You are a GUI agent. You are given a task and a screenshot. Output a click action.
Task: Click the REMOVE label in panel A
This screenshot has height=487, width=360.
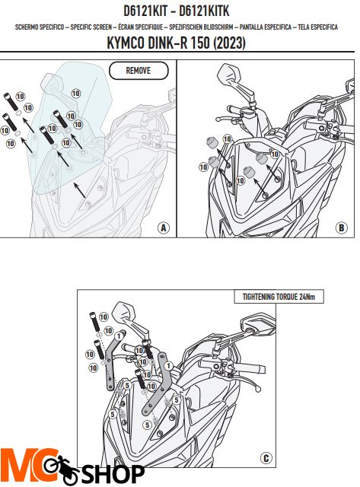tap(139, 71)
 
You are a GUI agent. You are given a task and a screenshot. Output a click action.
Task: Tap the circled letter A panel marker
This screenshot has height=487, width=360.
tap(164, 228)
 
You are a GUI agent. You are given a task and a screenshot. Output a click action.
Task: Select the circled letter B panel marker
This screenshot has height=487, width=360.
tap(341, 228)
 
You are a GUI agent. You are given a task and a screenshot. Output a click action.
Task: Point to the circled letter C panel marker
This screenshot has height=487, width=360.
tap(266, 458)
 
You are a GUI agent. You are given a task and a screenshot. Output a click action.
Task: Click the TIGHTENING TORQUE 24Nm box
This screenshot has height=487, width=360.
tap(279, 297)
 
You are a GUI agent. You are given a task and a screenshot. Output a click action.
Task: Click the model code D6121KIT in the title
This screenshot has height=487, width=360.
tap(145, 11)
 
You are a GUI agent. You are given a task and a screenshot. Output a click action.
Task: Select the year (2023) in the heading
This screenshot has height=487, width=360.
tap(230, 43)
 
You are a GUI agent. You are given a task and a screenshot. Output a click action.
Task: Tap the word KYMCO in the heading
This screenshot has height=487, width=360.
tap(126, 43)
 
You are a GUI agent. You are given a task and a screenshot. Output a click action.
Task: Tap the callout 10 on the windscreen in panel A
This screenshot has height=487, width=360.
tap(76, 93)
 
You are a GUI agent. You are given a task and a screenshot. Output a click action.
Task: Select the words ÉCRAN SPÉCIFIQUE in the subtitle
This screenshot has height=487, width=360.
tap(140, 27)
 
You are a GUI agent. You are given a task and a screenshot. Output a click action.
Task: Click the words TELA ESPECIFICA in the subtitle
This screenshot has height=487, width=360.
tap(317, 27)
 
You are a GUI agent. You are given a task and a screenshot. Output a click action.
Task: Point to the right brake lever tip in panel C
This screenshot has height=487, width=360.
tap(258, 388)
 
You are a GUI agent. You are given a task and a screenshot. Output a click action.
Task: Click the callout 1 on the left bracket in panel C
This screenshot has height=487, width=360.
tap(119, 336)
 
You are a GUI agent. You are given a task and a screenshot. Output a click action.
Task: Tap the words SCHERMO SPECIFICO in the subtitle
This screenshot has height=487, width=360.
tap(40, 27)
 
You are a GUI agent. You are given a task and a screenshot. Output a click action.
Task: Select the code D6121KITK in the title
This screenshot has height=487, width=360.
tap(205, 11)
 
